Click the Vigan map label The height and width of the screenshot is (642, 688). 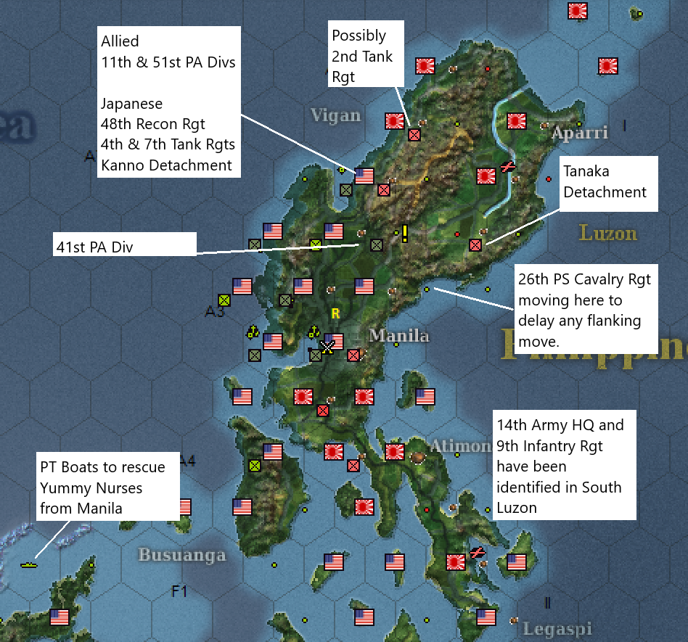(335, 115)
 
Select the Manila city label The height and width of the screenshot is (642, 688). (398, 336)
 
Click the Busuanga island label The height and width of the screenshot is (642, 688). (181, 555)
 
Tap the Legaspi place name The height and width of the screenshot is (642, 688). (557, 628)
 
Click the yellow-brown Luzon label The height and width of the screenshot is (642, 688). (607, 233)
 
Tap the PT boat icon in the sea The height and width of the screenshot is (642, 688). (29, 564)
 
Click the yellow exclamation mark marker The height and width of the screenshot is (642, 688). (404, 233)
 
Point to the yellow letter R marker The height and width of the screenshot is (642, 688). (335, 314)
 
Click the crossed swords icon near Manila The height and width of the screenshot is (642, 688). (327, 347)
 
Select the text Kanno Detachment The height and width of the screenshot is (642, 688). (166, 165)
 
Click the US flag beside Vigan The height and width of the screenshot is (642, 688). (364, 176)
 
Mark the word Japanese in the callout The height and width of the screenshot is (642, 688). (132, 104)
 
